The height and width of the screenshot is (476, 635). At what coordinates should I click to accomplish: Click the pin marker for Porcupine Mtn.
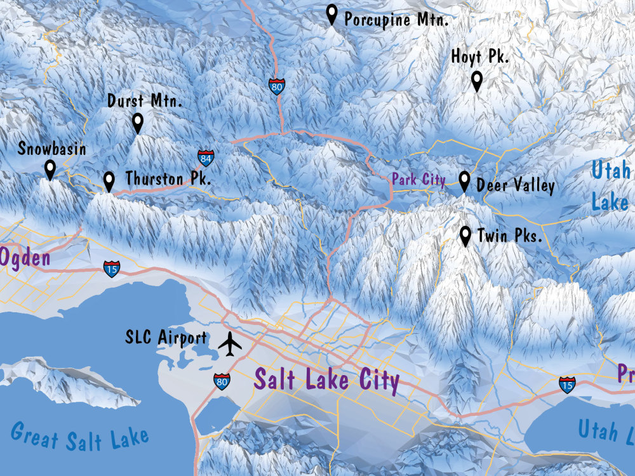point(331,14)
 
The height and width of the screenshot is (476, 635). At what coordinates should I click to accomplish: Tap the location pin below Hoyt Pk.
point(477,81)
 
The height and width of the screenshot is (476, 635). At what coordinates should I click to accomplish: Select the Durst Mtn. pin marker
point(138,122)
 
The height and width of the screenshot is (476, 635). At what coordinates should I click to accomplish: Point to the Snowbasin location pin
point(50,169)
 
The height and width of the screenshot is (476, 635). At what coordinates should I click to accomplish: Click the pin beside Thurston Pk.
point(109,182)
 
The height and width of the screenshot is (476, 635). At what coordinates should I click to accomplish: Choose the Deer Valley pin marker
point(464,182)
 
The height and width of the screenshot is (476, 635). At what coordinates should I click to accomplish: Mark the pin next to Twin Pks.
point(465,236)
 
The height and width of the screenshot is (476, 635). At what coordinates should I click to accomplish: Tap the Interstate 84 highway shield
point(205,158)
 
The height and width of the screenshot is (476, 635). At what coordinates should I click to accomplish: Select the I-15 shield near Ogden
point(112,268)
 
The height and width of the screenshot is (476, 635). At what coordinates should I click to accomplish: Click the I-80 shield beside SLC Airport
point(222,381)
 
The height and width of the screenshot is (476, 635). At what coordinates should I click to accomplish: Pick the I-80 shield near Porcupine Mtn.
point(276,87)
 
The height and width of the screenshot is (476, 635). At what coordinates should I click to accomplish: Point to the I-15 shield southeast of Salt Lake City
point(567,384)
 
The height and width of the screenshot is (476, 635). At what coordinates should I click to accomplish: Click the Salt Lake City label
point(326,380)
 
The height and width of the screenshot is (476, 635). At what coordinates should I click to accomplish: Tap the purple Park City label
point(418,180)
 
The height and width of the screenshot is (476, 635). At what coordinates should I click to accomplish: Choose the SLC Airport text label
point(166,338)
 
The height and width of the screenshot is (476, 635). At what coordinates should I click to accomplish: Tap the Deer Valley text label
point(515,185)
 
